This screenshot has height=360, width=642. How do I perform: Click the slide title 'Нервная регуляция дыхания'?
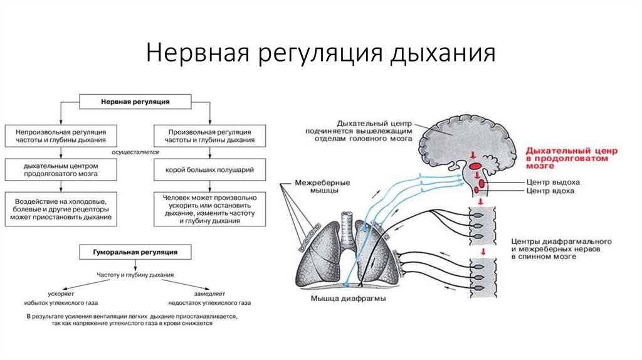(320, 53)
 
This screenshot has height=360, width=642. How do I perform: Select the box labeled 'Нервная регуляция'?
(135, 100)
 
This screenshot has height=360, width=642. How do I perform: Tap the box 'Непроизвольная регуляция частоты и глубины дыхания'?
(60, 137)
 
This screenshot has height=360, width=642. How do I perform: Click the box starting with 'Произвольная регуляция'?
(210, 137)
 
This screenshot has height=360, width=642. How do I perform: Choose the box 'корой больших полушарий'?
(210, 170)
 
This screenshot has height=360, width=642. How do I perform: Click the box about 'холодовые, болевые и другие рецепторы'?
(60, 208)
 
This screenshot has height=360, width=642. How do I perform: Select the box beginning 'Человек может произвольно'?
(210, 208)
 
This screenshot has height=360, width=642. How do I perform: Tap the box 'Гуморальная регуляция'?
(135, 251)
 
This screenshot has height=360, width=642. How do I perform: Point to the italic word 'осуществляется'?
(135, 152)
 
